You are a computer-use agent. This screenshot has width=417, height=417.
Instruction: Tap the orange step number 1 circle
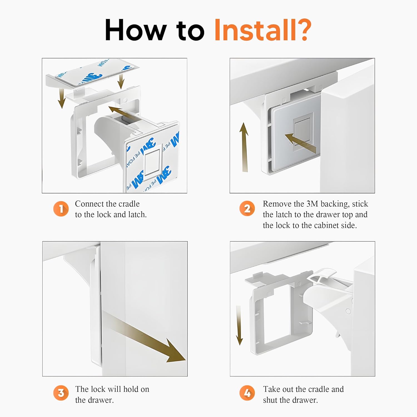point(61,209)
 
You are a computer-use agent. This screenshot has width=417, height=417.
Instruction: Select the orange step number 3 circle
point(61,393)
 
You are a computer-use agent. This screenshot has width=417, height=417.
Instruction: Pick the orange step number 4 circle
point(247,393)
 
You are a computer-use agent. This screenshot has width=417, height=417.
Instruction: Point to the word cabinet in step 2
point(326,225)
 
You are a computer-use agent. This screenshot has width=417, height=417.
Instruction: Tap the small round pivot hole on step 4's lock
point(348,311)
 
